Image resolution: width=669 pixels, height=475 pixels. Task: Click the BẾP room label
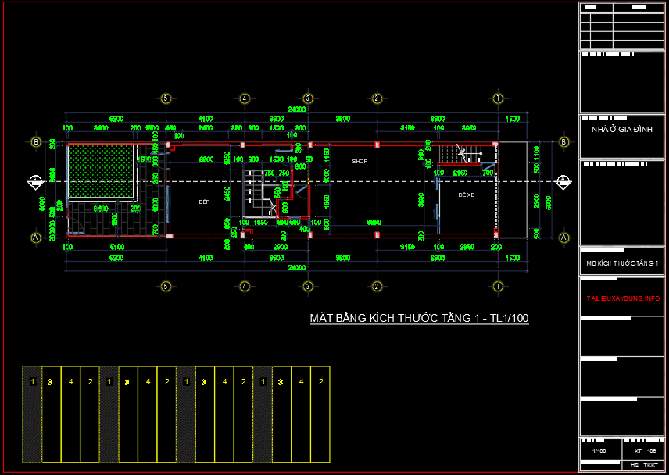[204, 202]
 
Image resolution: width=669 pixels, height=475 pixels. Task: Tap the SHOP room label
[360, 161]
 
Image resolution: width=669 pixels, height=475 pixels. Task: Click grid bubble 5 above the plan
[165, 98]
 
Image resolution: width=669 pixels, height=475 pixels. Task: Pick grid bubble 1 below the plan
[497, 285]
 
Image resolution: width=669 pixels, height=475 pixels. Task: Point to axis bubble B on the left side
[35, 142]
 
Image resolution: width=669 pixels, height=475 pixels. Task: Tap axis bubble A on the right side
[563, 236]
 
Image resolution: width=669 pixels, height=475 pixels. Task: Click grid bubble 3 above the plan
[308, 98]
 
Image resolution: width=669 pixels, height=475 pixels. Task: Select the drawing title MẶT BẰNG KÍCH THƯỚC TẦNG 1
[419, 318]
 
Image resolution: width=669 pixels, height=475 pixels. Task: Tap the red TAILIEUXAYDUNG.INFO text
[623, 299]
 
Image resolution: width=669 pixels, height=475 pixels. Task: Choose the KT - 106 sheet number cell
[640, 452]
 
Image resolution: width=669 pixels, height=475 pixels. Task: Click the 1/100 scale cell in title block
[599, 452]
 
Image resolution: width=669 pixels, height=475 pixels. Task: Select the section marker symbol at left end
[35, 181]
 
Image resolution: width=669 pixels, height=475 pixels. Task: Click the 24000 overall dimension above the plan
[296, 109]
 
